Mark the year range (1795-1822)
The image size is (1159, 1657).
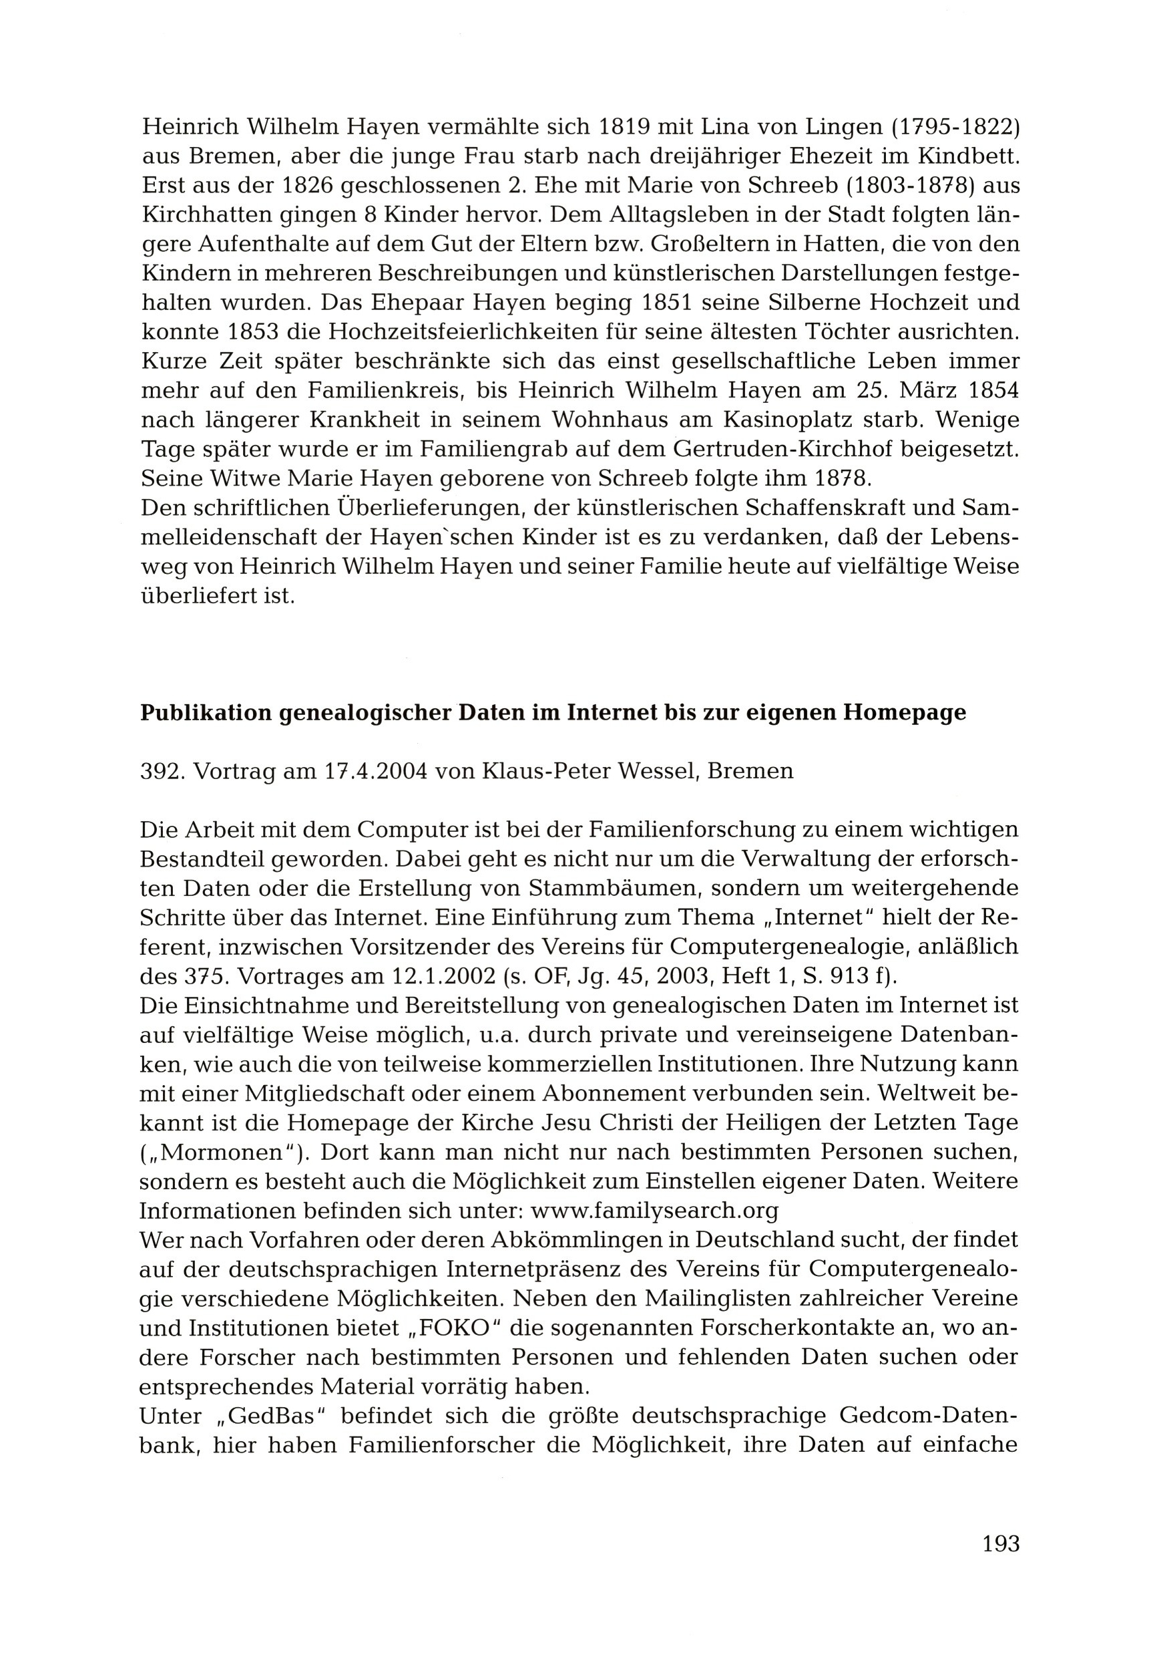point(955,127)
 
